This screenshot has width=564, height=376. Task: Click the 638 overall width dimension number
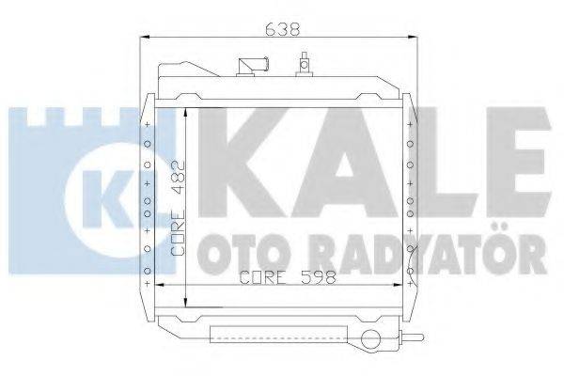[x=283, y=28]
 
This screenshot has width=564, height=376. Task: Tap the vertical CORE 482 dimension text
[x=181, y=209]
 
